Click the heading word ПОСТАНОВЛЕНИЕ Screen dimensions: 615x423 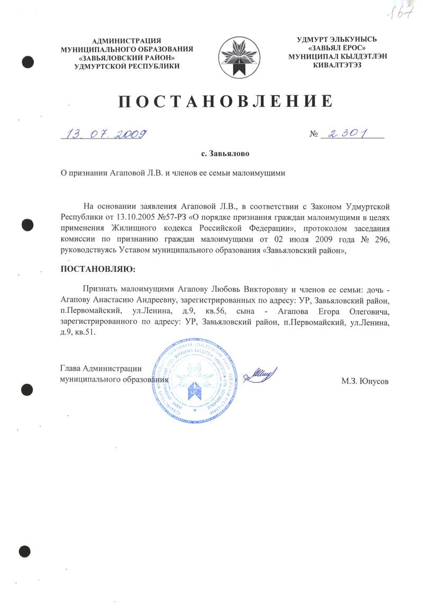pyautogui.click(x=225, y=101)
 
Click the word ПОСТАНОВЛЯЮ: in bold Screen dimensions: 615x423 pyautogui.click(x=98, y=269)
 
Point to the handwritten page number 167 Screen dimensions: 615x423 pyautogui.click(x=399, y=11)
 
